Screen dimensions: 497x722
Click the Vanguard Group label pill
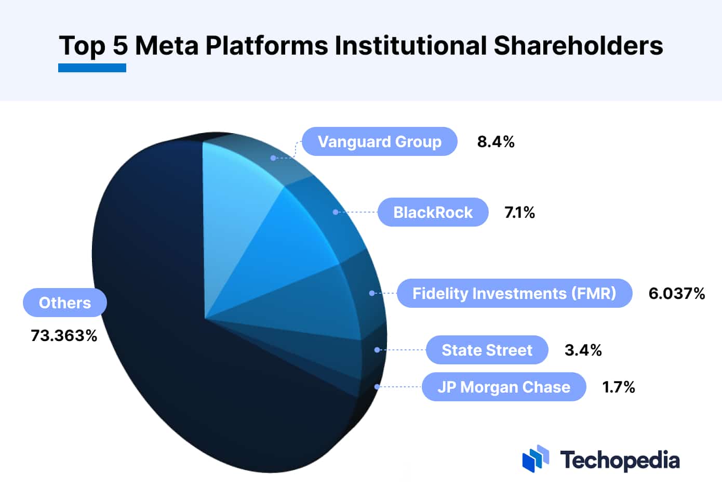tap(379, 141)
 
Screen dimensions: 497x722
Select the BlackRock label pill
tap(433, 212)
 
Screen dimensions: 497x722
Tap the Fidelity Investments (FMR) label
tap(514, 293)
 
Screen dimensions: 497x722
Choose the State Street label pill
tap(487, 350)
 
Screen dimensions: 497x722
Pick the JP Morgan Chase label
tap(503, 387)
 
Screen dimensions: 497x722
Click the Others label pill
tap(65, 303)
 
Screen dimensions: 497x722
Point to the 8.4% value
tap(496, 141)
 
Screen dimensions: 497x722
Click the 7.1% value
tap(519, 212)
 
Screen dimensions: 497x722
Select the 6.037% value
tap(676, 293)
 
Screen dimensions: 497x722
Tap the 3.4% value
tap(583, 350)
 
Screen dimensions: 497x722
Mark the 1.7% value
tap(618, 387)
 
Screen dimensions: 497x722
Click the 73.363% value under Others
tap(64, 335)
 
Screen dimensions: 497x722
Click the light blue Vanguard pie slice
tap(234, 208)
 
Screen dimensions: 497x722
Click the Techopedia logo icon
tap(536, 458)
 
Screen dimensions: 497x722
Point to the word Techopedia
tap(620, 460)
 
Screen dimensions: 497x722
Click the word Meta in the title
tap(167, 45)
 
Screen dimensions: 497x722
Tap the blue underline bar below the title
tap(92, 68)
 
